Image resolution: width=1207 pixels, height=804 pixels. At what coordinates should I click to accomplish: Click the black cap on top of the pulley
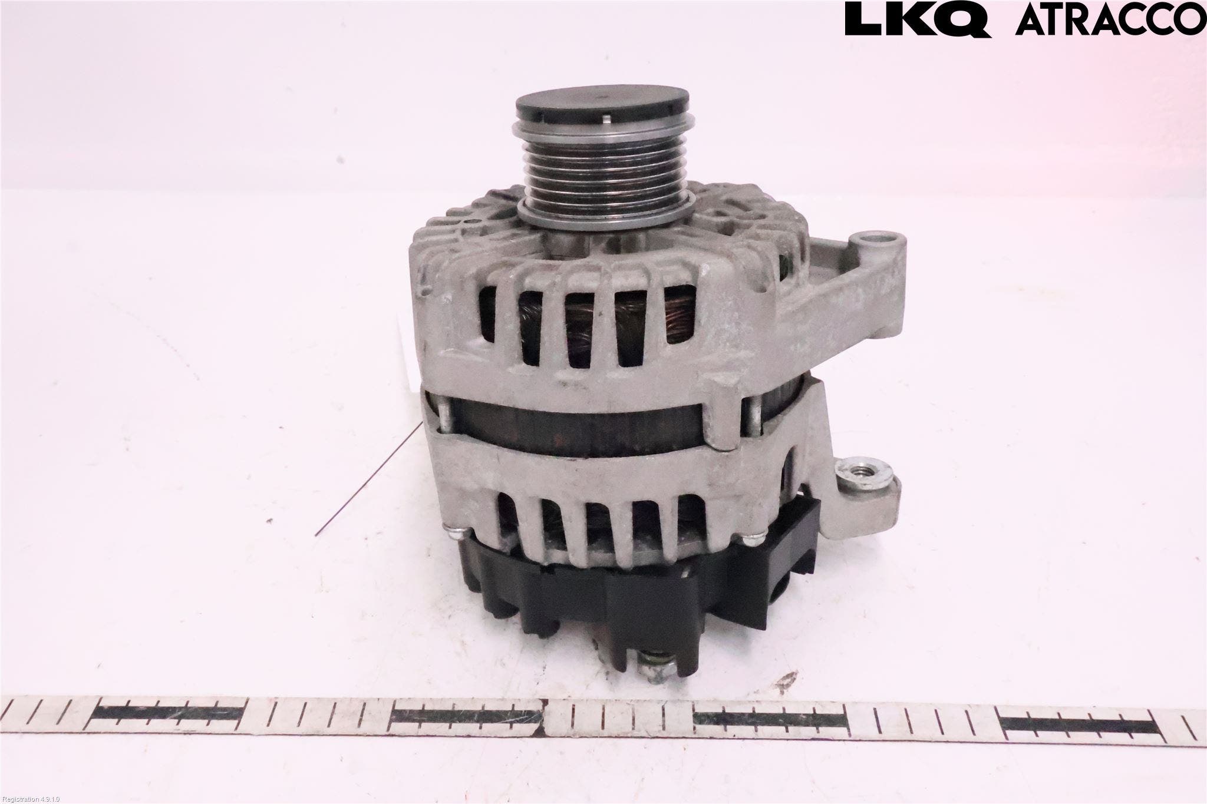pyautogui.click(x=602, y=107)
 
